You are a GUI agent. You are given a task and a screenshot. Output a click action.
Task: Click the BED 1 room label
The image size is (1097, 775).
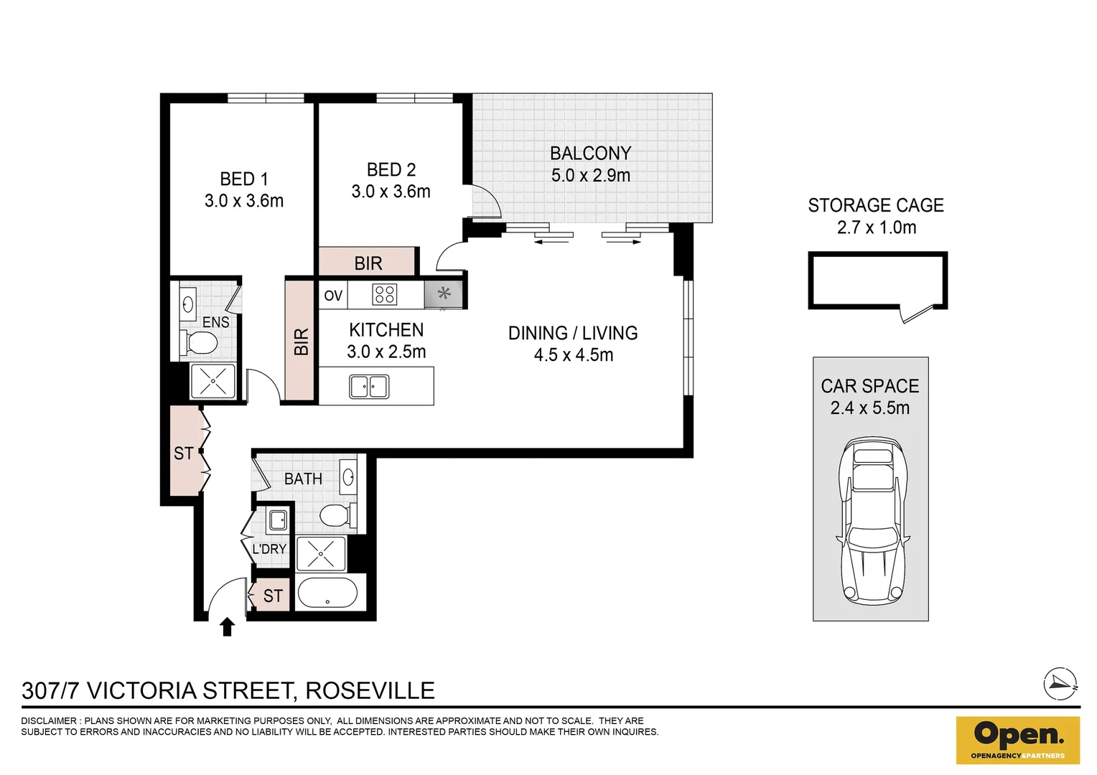click(243, 179)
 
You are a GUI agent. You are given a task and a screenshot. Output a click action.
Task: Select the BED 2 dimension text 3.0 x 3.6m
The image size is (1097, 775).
click(391, 192)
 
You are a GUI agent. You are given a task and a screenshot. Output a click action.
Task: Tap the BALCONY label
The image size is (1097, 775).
click(590, 153)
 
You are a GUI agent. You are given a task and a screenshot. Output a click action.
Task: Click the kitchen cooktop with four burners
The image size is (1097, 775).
click(385, 295)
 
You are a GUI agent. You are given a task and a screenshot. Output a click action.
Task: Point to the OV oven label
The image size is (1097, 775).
click(333, 296)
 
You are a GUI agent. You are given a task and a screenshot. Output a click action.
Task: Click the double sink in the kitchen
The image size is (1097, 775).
click(369, 387)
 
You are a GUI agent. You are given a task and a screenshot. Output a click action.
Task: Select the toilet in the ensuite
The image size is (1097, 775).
click(200, 342)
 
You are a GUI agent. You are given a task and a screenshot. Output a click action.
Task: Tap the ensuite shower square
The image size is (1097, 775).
click(213, 382)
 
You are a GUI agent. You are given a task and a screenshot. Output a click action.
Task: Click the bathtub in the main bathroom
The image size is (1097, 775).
click(327, 594)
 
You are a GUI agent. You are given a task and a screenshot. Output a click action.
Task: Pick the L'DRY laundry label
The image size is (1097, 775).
click(269, 549)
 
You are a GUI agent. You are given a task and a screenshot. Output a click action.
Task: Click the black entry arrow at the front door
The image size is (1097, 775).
click(227, 627)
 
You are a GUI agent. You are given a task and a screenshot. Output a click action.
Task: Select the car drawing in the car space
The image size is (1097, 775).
click(871, 520)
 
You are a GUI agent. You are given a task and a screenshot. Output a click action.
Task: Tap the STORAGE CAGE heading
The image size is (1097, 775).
click(875, 205)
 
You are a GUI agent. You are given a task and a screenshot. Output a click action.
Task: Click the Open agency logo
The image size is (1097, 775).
click(1017, 739)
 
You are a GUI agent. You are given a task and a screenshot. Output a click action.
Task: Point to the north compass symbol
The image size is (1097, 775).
click(1060, 684)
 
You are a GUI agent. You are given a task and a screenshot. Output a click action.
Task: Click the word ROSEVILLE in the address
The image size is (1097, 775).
click(370, 690)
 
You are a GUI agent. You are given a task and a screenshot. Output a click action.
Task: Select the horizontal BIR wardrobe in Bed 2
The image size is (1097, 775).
click(368, 262)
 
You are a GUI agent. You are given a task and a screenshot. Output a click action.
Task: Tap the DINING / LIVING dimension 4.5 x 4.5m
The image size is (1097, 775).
click(573, 355)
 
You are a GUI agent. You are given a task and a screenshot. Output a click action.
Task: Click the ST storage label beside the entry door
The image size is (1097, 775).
click(273, 596)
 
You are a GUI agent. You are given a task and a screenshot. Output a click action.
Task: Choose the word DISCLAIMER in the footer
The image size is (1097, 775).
click(49, 720)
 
